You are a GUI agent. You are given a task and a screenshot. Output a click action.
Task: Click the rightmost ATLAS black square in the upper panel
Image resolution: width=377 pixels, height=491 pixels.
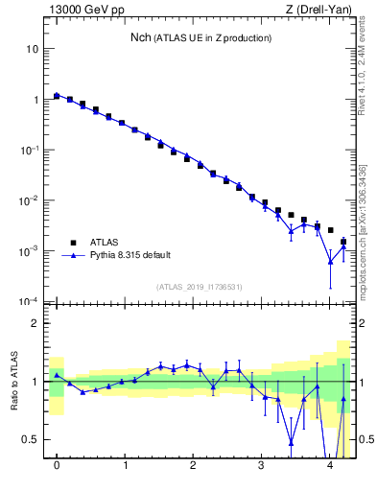pos(343,242)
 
